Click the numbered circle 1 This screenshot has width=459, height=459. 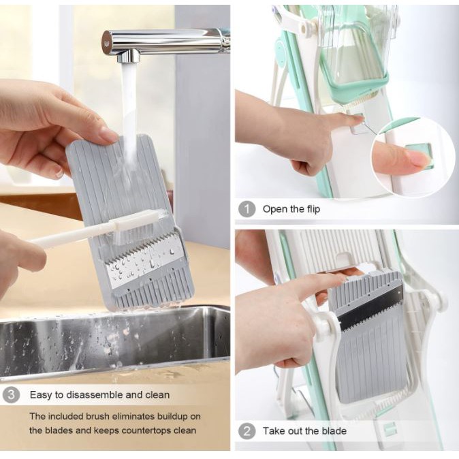click(x=247, y=209)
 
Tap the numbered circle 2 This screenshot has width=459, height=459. click(x=247, y=431)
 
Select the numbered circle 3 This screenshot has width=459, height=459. click(x=11, y=395)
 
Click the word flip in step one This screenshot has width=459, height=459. click(x=313, y=209)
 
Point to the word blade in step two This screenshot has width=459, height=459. click(x=334, y=431)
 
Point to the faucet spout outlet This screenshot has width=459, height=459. click(x=129, y=58)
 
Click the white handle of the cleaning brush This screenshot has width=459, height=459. click(x=73, y=236)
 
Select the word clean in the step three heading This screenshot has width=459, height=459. click(x=157, y=394)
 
